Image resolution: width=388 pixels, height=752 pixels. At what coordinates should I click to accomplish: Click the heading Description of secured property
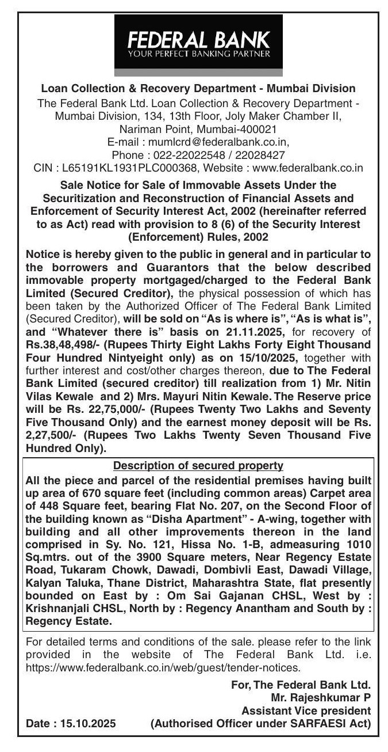click(x=198, y=465)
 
